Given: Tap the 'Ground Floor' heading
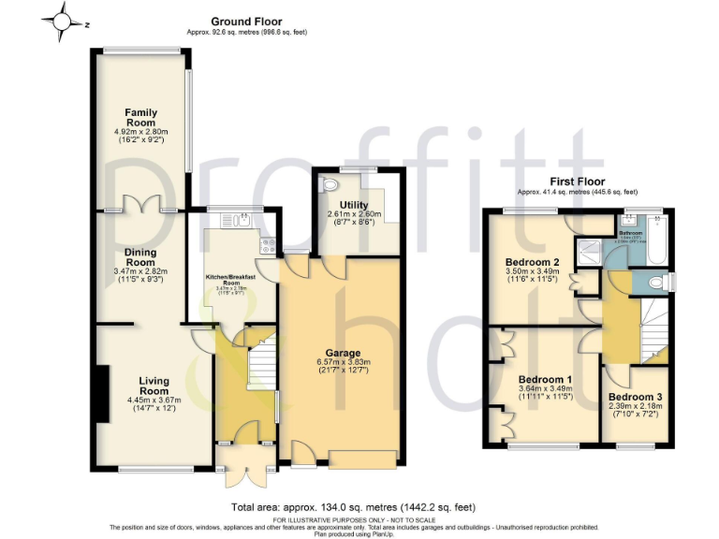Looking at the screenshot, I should click(246, 22).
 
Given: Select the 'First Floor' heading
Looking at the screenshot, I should click(579, 182).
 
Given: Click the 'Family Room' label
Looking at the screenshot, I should click(140, 117).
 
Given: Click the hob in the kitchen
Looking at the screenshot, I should click(267, 246).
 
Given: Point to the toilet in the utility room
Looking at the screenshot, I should click(327, 186).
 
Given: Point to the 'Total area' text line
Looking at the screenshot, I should click(359, 507).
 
